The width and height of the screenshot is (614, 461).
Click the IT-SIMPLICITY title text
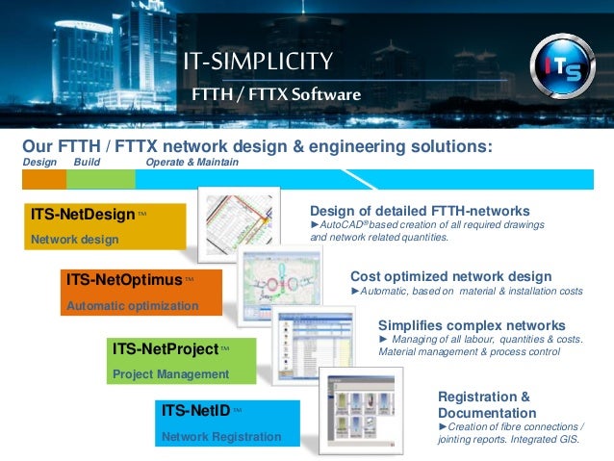click(x=259, y=63)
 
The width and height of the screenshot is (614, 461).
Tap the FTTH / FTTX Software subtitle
click(x=276, y=95)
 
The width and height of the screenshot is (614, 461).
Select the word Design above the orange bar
click(x=39, y=163)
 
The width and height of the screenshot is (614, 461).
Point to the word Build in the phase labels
click(x=87, y=163)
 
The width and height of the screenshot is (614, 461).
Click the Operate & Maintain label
click(x=192, y=163)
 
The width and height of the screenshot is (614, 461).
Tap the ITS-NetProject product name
click(x=165, y=348)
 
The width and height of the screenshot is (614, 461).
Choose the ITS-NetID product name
click(x=195, y=411)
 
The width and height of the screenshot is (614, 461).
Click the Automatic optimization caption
click(x=132, y=306)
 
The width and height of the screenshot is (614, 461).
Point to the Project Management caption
click(x=170, y=373)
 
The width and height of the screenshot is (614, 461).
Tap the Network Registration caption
click(x=221, y=437)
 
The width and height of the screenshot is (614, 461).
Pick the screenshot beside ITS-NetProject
click(x=317, y=346)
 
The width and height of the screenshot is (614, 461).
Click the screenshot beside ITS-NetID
click(x=361, y=410)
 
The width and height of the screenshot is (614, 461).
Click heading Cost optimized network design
click(x=450, y=276)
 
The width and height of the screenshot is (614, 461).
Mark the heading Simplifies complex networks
click(x=472, y=325)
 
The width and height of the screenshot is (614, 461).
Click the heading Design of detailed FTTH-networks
click(x=420, y=211)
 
